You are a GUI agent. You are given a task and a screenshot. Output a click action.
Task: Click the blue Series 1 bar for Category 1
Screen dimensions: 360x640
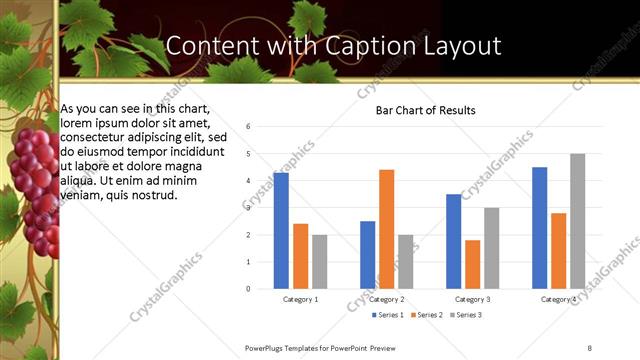[x=281, y=231]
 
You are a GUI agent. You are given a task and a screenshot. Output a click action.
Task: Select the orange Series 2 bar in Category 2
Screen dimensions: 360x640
[x=387, y=229]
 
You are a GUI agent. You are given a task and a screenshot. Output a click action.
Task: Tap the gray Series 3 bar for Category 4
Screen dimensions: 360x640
[x=578, y=221]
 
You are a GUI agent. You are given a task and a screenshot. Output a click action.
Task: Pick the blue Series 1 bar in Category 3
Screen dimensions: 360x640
[x=454, y=241]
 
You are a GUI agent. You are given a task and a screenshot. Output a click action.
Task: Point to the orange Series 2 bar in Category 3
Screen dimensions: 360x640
[x=472, y=264]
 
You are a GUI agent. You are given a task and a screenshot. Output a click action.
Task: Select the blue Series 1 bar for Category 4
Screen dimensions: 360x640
[x=540, y=228]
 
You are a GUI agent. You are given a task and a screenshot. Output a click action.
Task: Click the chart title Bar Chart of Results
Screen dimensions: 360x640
[x=425, y=110]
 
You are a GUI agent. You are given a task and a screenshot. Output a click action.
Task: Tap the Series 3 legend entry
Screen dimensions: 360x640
[x=467, y=315]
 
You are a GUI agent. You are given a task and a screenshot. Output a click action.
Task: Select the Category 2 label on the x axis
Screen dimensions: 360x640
[x=387, y=299]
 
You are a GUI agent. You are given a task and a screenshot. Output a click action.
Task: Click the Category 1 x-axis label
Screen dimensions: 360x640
[x=300, y=299]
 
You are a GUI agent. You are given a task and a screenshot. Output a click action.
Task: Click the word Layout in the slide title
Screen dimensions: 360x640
[x=455, y=46]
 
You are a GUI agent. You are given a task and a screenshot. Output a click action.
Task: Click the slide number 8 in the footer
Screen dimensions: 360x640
[x=589, y=348]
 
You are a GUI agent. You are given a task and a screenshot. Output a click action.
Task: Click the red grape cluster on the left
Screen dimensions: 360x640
[x=34, y=185]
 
